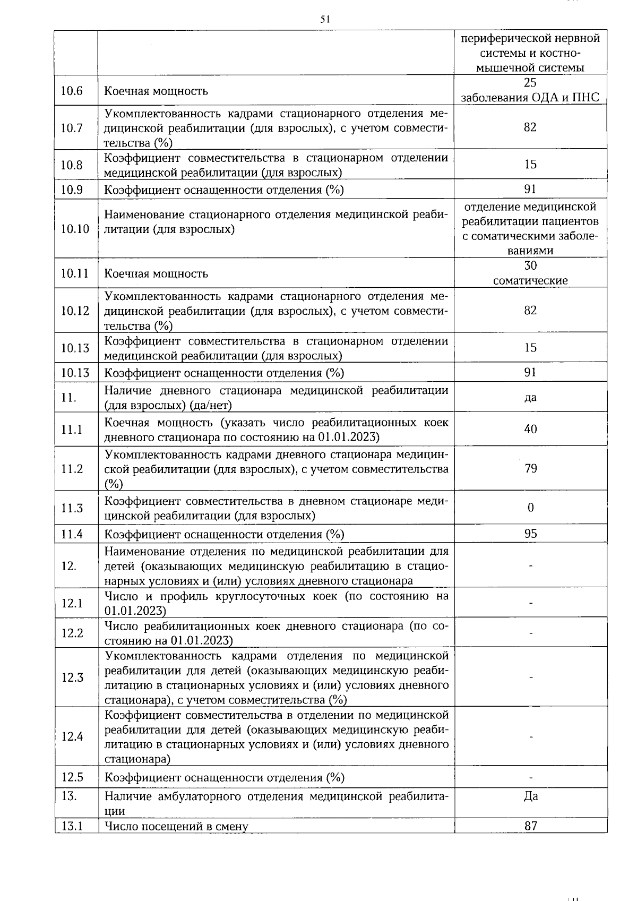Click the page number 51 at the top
(x=325, y=20)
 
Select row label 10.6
(x=72, y=91)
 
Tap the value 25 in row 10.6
(x=530, y=83)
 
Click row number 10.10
(x=75, y=229)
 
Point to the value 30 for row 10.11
(x=530, y=265)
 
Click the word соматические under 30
(x=530, y=281)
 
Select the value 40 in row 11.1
(x=530, y=429)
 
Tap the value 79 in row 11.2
(x=530, y=468)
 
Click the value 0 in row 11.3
(x=530, y=508)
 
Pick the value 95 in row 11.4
(x=530, y=534)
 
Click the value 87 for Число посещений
(x=530, y=826)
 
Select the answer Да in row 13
(x=530, y=796)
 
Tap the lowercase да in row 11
(x=530, y=397)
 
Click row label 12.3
(x=72, y=677)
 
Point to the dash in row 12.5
(x=530, y=777)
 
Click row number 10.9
(x=72, y=190)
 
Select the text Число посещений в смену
(x=176, y=826)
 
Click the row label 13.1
(x=72, y=826)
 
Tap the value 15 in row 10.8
(x=530, y=165)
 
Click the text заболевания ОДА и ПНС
(x=530, y=98)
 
